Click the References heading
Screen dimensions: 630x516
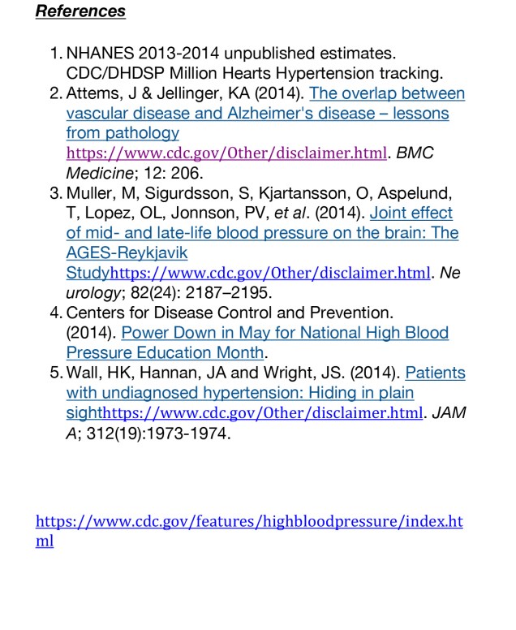pos(81,11)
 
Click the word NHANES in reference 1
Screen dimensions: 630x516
pos(101,54)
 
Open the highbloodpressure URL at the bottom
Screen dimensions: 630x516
pos(248,521)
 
